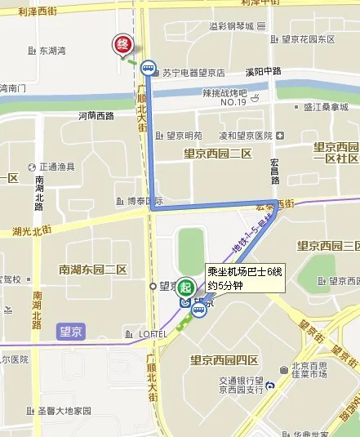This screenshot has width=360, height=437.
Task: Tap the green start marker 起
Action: coord(187,287)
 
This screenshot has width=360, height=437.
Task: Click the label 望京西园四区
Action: coord(224,359)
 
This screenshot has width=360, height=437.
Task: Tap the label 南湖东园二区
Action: coord(93,269)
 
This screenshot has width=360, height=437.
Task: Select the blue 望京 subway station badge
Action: coord(72,332)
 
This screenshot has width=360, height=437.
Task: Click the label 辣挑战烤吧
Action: coord(224,93)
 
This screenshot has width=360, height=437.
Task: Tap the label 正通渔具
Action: coord(56,167)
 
